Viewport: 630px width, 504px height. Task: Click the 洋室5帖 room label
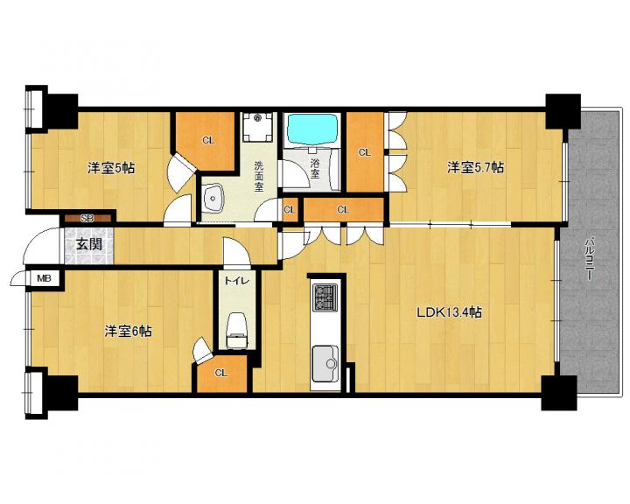click(x=111, y=168)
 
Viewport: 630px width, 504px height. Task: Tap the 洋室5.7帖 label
click(x=476, y=167)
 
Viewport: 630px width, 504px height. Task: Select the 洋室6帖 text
click(x=128, y=331)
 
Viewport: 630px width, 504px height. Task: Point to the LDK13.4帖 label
click(x=449, y=312)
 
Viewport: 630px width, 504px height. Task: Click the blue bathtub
click(x=311, y=129)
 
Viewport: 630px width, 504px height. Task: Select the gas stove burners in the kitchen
click(x=325, y=297)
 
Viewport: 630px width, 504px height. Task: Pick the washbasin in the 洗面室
click(x=213, y=198)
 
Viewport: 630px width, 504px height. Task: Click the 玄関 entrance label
click(x=89, y=244)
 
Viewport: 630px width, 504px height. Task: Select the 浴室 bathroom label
click(x=315, y=169)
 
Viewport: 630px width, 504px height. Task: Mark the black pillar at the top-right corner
click(x=563, y=111)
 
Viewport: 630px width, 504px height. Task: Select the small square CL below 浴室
click(x=290, y=210)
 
